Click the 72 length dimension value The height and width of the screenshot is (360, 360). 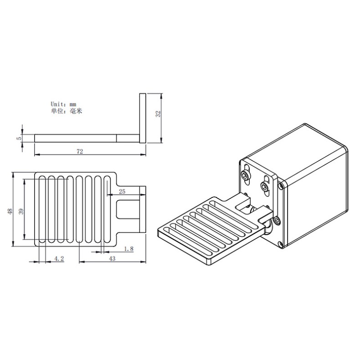[80, 152]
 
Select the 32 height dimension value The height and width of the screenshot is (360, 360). [158, 114]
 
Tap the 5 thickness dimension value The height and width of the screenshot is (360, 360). [18, 138]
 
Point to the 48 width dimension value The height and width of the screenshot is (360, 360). [10, 211]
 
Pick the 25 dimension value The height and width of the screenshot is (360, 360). [122, 191]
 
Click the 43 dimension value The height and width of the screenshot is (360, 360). [112, 258]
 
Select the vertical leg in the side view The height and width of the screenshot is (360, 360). [143, 118]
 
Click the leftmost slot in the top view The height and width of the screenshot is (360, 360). [42, 209]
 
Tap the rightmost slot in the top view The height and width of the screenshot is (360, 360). [107, 209]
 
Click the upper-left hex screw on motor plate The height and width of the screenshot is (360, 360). [247, 175]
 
